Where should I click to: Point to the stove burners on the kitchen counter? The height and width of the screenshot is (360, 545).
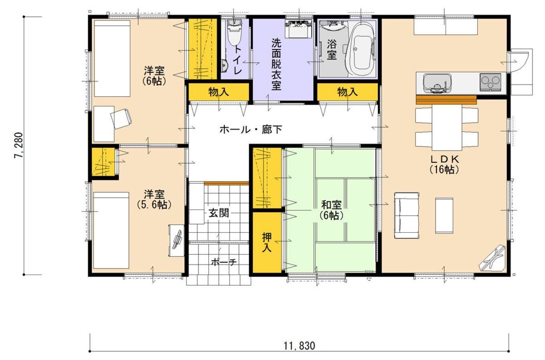pos(490,82)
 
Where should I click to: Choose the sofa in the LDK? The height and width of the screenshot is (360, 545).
pos(407,216)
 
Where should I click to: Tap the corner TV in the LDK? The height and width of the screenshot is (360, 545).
pos(493,258)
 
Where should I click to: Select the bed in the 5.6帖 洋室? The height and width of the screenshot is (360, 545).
pos(111,230)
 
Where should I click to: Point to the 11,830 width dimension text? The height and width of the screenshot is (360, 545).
pos(299,346)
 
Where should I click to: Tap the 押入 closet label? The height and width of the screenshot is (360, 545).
pos(267,243)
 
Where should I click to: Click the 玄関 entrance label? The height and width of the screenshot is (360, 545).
pos(219,213)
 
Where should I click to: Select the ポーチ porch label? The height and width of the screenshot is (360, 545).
pos(224,263)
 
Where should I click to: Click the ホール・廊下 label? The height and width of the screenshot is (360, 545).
pos(251,129)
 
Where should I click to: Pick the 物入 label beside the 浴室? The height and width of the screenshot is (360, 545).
pos(347,92)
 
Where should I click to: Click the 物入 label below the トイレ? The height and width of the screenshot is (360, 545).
pos(219,92)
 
